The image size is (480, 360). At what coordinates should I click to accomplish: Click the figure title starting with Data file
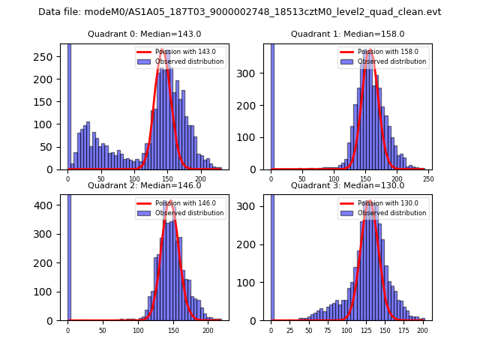point(240,12)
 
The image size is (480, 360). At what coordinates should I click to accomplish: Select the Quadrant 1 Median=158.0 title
point(347,34)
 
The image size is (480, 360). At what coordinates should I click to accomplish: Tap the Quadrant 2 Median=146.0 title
point(144,185)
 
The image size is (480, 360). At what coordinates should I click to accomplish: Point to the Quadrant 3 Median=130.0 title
point(347,185)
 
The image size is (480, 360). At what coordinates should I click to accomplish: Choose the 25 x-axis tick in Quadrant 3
point(290,329)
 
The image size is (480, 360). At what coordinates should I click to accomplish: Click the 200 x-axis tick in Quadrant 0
point(200,178)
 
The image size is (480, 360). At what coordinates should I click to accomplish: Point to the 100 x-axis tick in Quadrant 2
point(138,329)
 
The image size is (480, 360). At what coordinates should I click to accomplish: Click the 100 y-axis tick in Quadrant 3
point(253,282)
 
